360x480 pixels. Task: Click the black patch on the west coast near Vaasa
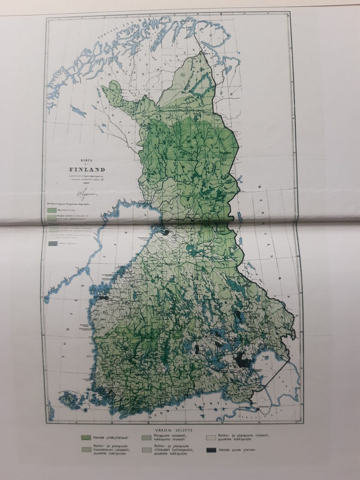(103, 298)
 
